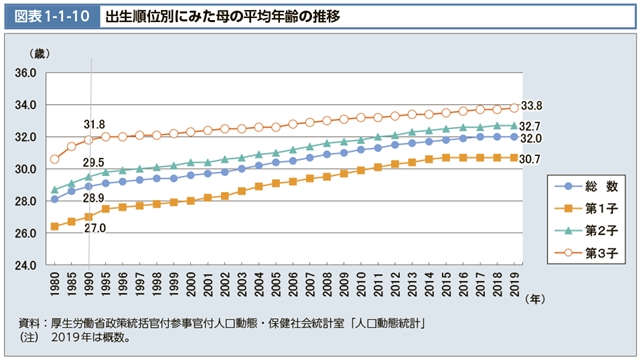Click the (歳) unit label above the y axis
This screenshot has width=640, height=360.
pos(39,52)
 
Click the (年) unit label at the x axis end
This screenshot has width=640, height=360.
pos(538,297)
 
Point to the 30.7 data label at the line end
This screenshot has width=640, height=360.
pos(532,159)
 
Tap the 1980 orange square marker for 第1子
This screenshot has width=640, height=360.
pos(54,227)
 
